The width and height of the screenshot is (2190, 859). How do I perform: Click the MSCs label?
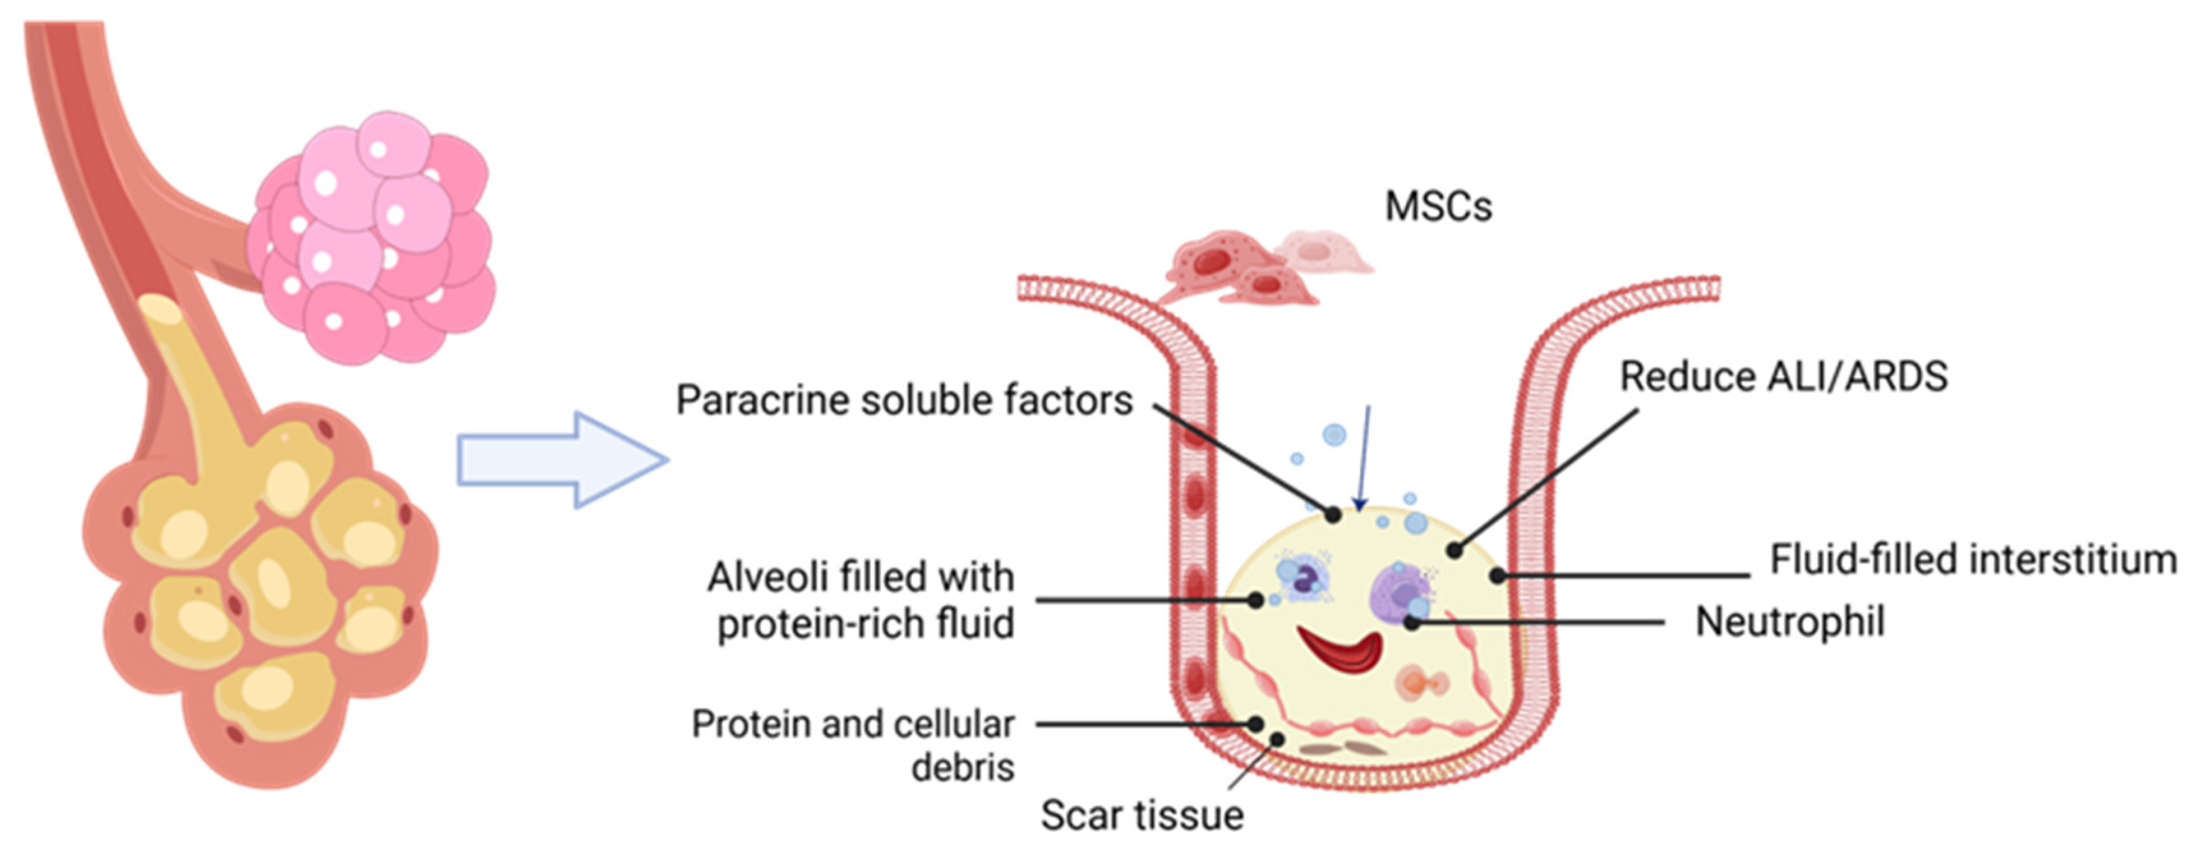point(1438,207)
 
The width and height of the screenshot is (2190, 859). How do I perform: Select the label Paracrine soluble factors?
point(903,400)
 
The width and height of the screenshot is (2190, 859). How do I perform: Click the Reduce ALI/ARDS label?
point(1783,377)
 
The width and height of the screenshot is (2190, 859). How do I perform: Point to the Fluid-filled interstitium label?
point(1972,560)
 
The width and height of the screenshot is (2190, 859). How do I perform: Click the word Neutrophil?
point(1790,622)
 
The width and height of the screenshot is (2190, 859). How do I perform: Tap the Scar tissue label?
point(1142,815)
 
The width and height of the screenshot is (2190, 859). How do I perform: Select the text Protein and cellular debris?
point(854,745)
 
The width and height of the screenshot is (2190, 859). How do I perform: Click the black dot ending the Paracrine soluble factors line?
point(1333,515)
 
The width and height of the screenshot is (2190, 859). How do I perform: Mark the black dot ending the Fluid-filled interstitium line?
point(1498,576)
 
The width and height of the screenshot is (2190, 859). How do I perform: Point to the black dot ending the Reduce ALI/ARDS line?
point(1454,551)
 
